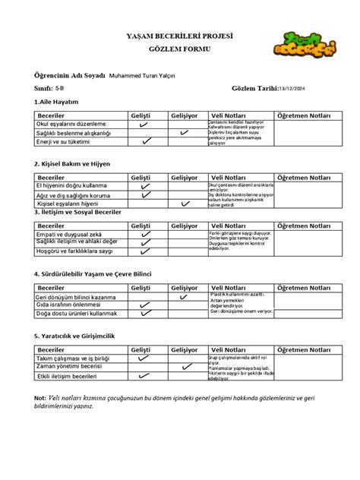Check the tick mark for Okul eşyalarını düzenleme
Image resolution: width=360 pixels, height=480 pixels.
[144, 124]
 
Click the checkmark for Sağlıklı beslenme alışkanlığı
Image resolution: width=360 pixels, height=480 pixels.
[184, 133]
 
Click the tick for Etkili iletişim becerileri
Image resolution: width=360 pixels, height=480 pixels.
[144, 376]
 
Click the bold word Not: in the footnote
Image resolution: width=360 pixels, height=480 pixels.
[39, 398]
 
